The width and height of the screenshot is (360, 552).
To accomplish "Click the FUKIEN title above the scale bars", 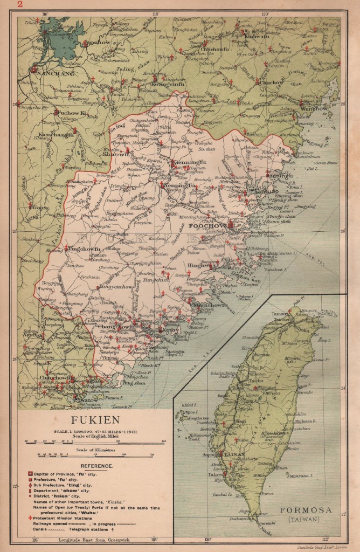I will coord(96,420).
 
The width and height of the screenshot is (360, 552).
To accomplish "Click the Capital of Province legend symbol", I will coord(30,473).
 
